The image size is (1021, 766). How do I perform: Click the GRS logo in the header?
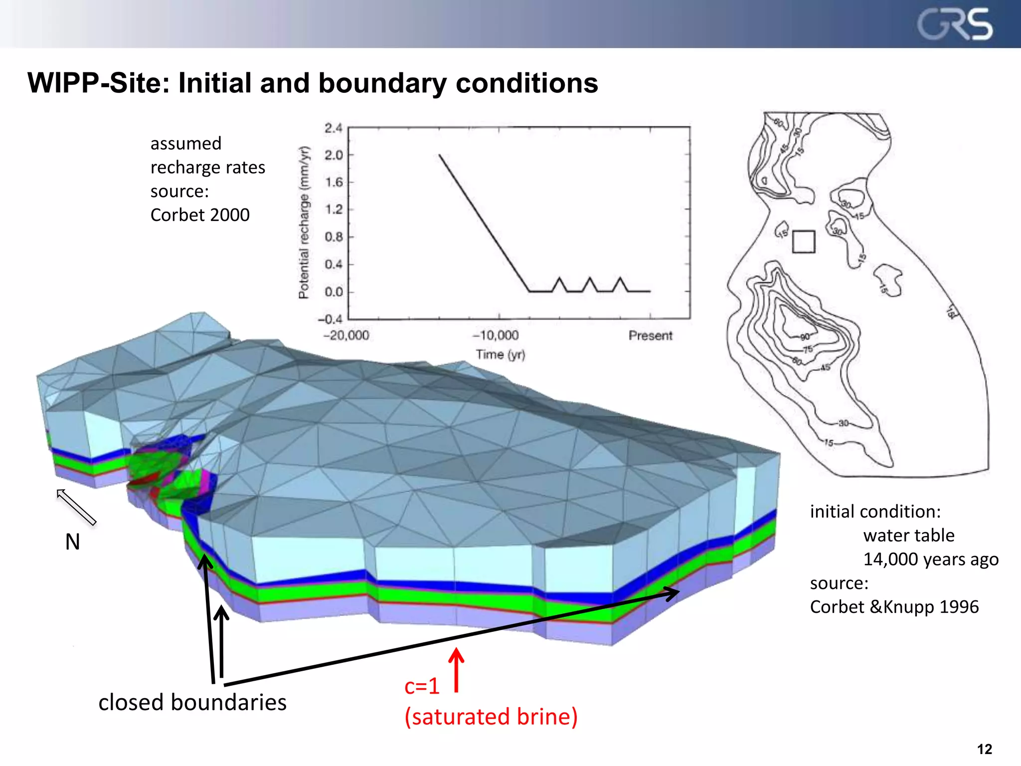(x=955, y=25)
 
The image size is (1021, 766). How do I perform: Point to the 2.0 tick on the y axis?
(x=334, y=155)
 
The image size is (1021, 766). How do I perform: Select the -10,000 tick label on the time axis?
(x=496, y=335)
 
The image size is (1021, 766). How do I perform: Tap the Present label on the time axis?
(x=650, y=335)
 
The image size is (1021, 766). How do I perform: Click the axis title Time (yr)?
(x=500, y=355)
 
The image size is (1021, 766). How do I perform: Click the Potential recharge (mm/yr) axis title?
(x=304, y=222)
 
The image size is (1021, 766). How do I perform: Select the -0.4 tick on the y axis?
(x=331, y=319)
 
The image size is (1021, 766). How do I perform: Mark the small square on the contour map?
(x=804, y=241)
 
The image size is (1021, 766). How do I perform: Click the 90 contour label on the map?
(x=805, y=337)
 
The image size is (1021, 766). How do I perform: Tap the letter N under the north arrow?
(x=73, y=542)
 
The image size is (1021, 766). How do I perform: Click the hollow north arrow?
(x=76, y=507)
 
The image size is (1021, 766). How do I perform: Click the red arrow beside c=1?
(x=456, y=670)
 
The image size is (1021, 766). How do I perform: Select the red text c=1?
(x=422, y=687)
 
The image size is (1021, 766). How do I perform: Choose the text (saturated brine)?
(x=491, y=717)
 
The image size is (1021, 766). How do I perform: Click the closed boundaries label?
(x=192, y=702)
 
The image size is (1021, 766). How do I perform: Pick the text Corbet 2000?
(x=200, y=215)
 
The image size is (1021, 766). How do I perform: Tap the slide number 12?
(x=985, y=749)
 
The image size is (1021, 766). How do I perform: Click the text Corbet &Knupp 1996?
(x=894, y=607)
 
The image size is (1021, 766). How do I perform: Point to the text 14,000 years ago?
(x=931, y=560)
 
